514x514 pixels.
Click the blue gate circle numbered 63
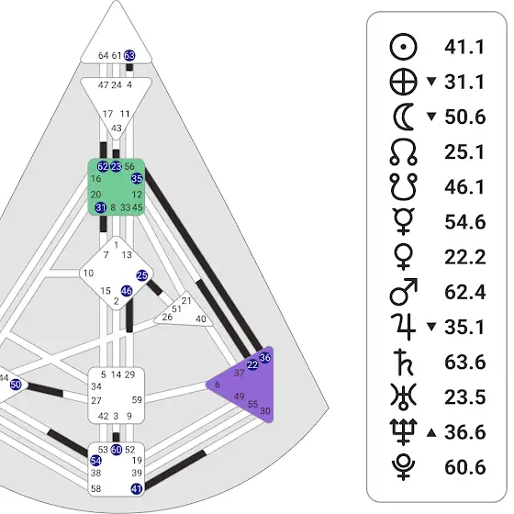tap(129, 55)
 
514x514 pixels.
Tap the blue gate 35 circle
tap(137, 178)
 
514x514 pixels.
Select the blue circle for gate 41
tap(137, 489)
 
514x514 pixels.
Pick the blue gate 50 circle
tap(16, 385)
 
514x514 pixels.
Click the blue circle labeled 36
tap(265, 358)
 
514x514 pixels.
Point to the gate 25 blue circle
tap(142, 275)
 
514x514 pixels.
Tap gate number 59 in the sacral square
tap(137, 400)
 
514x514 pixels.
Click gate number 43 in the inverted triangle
tap(117, 128)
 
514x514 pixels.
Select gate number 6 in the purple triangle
tap(217, 385)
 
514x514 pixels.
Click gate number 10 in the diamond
tap(88, 274)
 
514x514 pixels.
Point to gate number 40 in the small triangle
tap(201, 318)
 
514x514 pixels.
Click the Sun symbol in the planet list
tap(404, 47)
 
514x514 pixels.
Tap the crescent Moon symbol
tap(404, 117)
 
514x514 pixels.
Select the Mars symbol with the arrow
tap(404, 292)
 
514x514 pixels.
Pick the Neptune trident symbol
tap(404, 431)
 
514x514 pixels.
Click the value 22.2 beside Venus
tap(464, 257)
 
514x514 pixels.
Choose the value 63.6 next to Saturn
tap(464, 363)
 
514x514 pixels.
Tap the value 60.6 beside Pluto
tap(464, 467)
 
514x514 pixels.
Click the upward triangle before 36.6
tap(431, 433)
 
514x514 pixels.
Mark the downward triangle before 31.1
tap(431, 81)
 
